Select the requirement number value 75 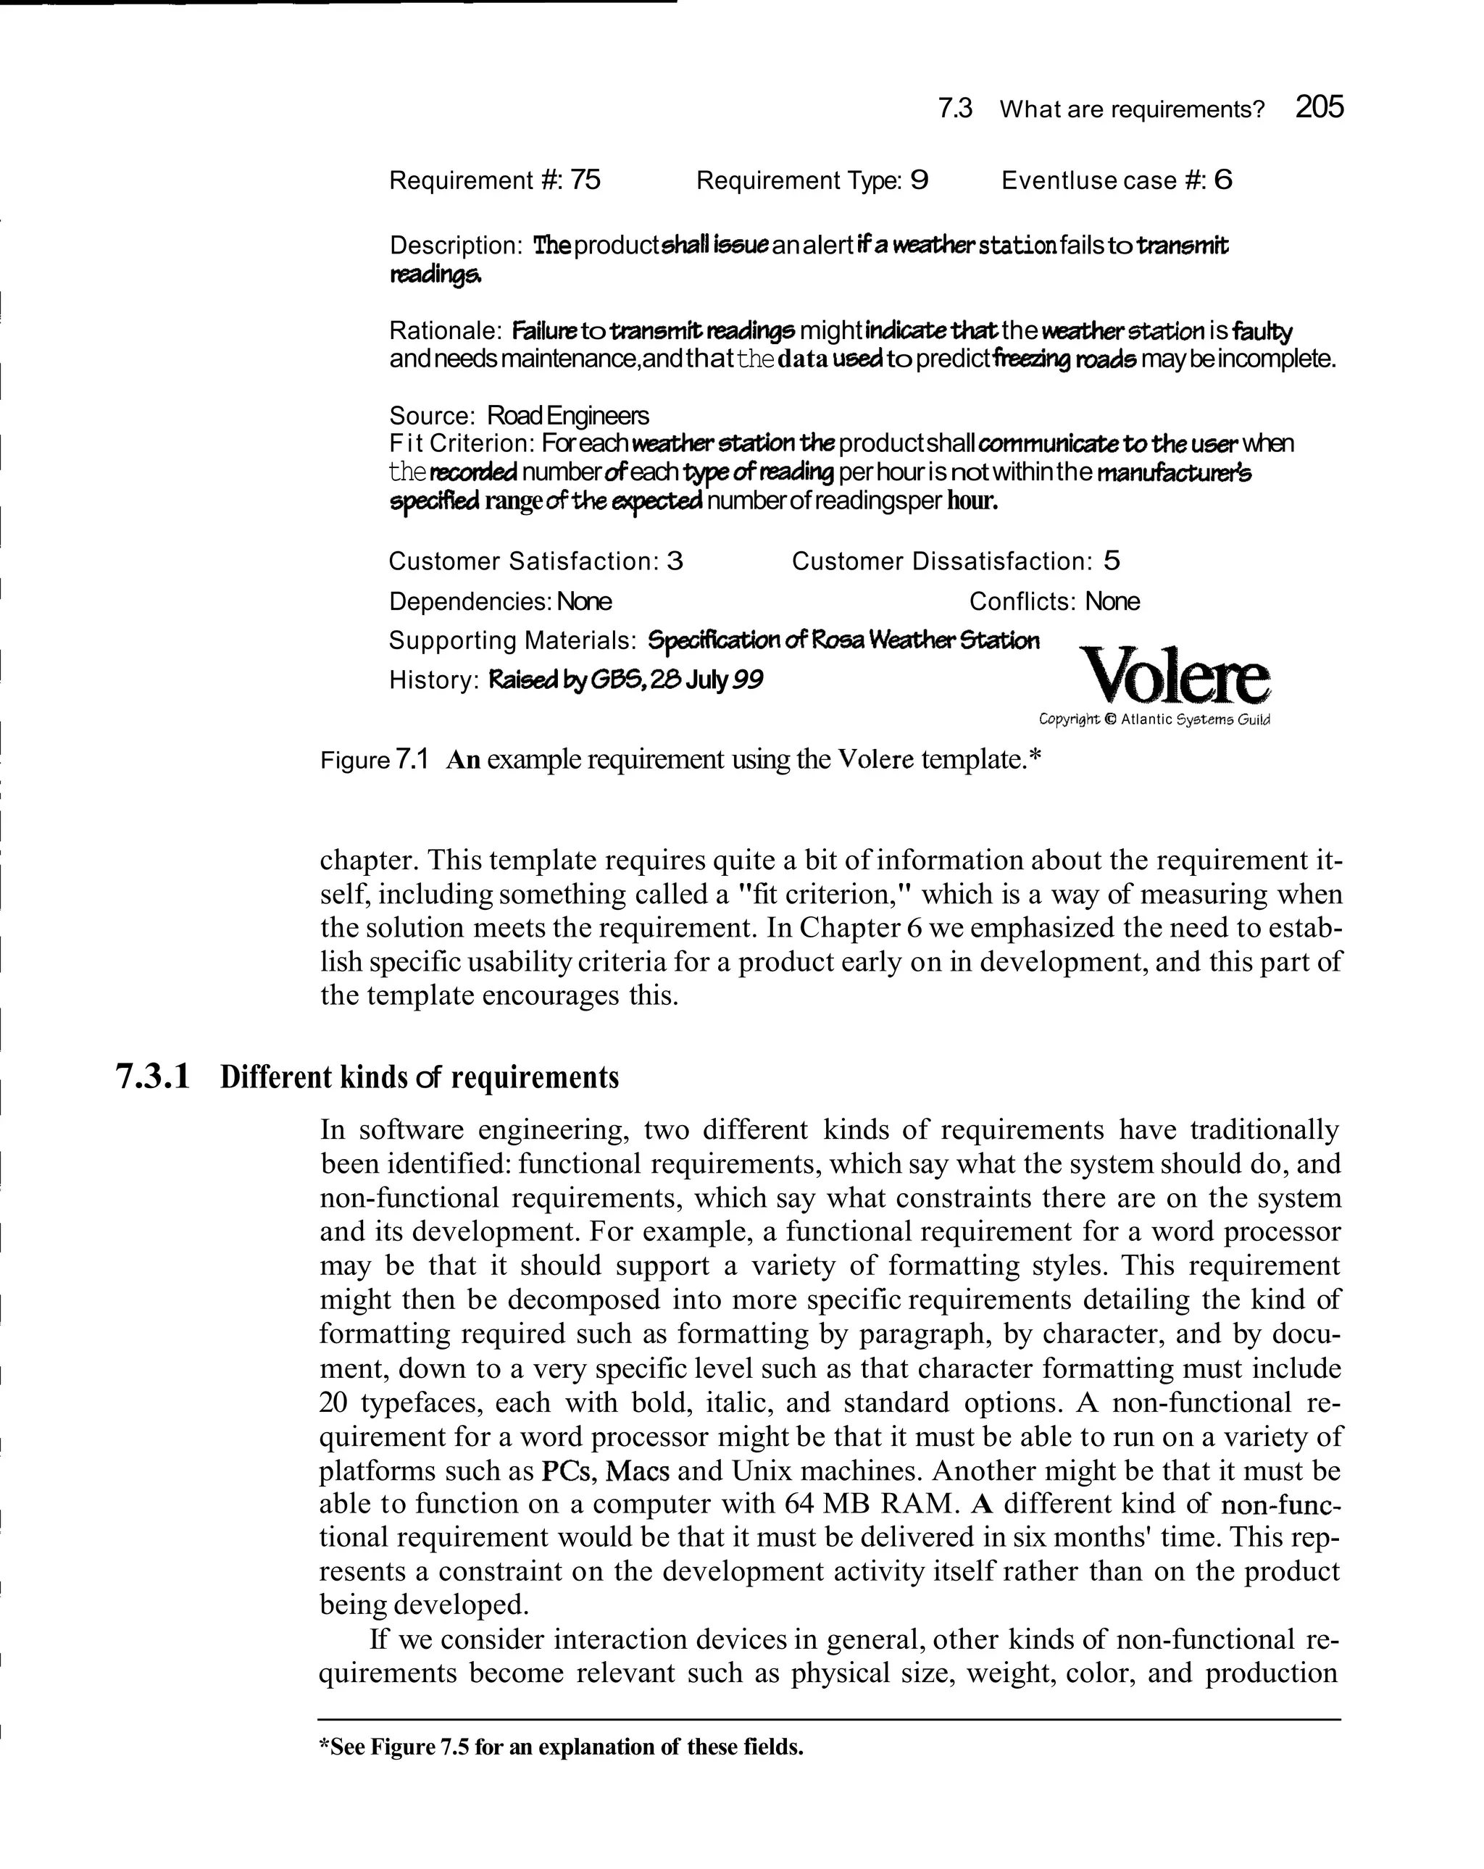point(585,180)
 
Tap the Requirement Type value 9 point(920,180)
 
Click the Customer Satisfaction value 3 point(675,561)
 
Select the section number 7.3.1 point(153,1076)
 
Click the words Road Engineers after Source point(567,415)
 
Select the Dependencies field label point(470,601)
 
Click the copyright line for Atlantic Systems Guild point(1154,719)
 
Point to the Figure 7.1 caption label point(375,760)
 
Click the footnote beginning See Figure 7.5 point(561,1747)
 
